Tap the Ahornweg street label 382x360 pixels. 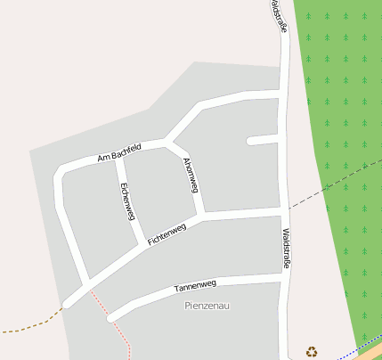click(190, 175)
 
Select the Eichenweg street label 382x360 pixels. click(127, 201)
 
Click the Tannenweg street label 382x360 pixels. click(195, 286)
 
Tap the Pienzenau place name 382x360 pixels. click(207, 306)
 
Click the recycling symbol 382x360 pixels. click(311, 351)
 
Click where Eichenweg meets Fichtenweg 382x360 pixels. click(144, 242)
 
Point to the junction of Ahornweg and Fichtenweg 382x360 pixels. click(202, 216)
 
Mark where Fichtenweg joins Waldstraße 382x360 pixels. click(285, 210)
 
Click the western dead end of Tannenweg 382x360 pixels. click(111, 316)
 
